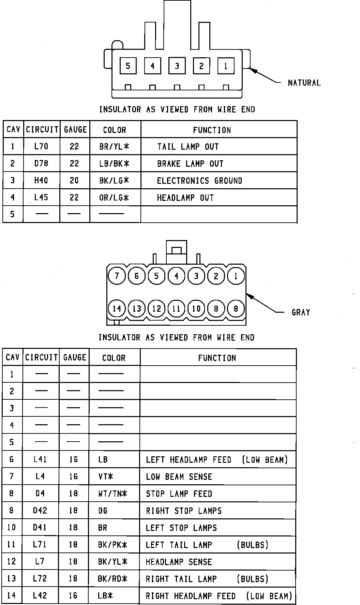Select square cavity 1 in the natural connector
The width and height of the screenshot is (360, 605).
coord(226,66)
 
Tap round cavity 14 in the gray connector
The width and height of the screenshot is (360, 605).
coord(117,309)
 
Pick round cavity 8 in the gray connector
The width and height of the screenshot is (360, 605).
coord(236,309)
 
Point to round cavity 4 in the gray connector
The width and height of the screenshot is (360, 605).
coord(176,276)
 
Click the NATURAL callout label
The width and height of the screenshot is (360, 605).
coord(304,83)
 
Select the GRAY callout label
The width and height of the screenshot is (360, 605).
coord(301,312)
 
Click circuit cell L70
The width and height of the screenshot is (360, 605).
coord(41,147)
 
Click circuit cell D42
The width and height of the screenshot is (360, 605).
coord(40,511)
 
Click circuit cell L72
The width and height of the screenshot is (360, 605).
coord(40,579)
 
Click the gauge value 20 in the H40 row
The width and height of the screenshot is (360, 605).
coord(74,181)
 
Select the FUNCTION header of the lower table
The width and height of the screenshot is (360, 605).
coord(217,358)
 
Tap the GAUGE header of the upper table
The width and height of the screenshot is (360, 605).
coord(75,130)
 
